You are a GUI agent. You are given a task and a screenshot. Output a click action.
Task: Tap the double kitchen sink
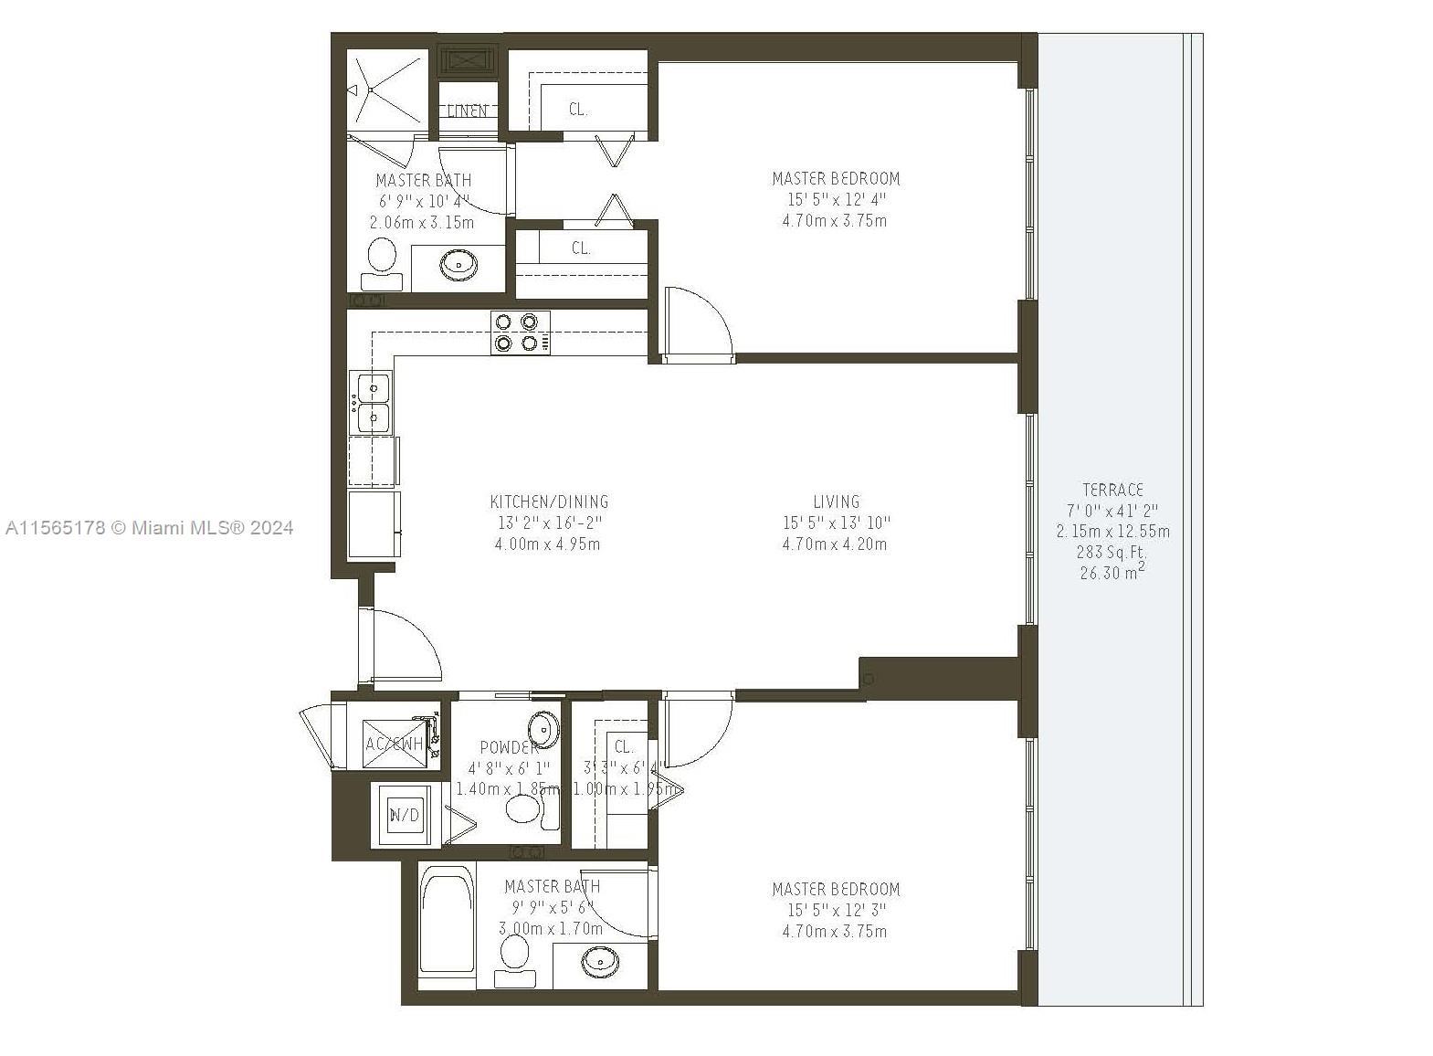click(x=373, y=402)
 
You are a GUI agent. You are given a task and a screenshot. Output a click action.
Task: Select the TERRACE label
click(x=1112, y=490)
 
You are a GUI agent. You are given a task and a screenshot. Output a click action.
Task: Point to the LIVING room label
click(x=836, y=502)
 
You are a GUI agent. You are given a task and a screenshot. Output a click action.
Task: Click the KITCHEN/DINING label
click(x=549, y=502)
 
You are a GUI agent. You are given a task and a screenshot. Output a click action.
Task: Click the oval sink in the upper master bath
click(x=458, y=265)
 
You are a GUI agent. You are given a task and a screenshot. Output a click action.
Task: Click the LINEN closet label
click(x=468, y=111)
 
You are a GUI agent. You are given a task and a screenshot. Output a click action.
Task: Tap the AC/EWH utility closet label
click(x=395, y=744)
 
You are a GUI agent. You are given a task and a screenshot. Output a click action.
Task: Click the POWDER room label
click(x=508, y=747)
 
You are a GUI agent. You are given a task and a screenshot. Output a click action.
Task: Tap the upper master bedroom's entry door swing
click(x=698, y=324)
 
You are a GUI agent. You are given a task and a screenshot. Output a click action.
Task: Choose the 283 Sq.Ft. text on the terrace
click(x=1112, y=552)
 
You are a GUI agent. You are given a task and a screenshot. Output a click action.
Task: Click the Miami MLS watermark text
click(x=149, y=527)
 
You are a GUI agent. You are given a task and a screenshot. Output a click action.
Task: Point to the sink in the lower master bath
click(x=600, y=961)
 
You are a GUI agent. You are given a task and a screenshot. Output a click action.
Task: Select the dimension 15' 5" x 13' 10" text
click(x=836, y=523)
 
